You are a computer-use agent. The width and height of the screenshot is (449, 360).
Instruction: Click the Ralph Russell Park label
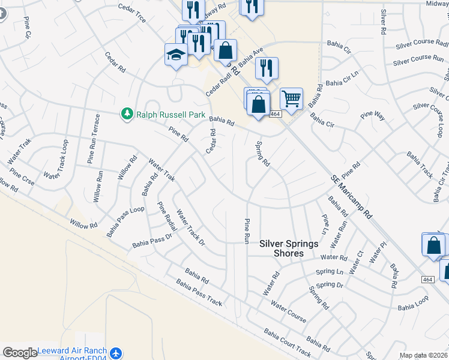[171, 115]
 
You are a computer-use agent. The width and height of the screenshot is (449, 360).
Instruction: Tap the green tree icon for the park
[127, 113]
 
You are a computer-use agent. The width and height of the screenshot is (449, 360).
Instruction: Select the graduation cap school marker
[176, 55]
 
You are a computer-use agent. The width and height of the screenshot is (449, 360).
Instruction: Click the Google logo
[20, 352]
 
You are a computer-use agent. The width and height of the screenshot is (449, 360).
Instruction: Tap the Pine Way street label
[372, 116]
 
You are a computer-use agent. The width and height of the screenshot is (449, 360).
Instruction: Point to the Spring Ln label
[331, 272]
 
